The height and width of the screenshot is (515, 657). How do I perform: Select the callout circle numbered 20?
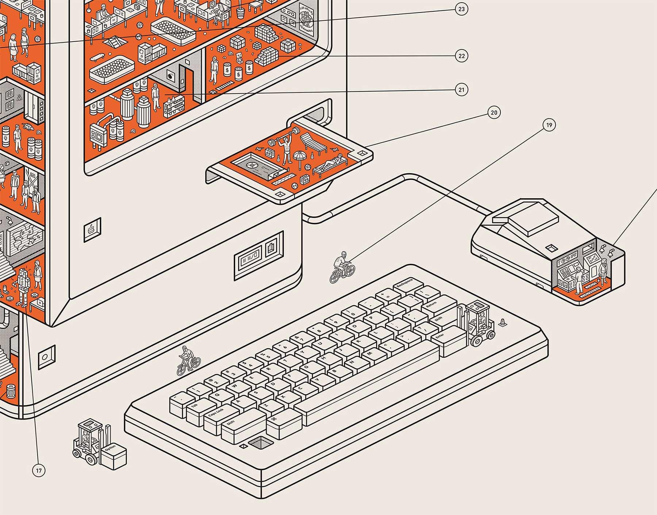tap(494, 113)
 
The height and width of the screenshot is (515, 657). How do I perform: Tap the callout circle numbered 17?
tap(39, 470)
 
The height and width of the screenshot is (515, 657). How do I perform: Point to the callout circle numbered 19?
tap(549, 125)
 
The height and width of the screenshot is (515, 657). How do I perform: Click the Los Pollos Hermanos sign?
tap(306, 22)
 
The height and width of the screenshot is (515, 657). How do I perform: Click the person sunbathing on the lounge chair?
tap(331, 163)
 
